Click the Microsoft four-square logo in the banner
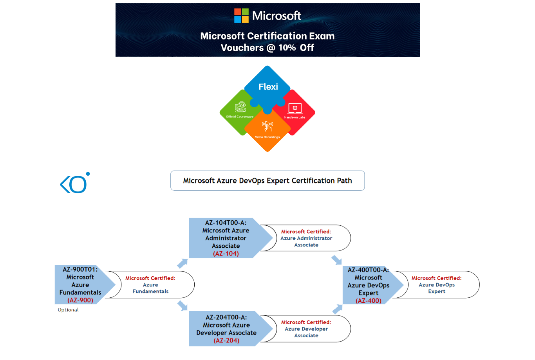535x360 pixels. coord(241,16)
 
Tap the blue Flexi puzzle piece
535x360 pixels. coord(268,86)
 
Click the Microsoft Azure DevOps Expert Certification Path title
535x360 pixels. coord(267,180)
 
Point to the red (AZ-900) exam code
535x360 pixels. coord(80,300)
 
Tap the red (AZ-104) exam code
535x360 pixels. coord(226,254)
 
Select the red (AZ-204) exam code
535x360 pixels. coord(226,340)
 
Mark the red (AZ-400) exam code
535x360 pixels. coord(369,301)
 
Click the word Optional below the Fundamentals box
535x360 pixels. coord(68,310)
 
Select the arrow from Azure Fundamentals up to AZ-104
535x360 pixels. coord(183,263)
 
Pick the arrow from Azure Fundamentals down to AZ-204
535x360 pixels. coord(183,305)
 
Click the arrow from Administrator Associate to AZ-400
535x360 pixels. coord(336,260)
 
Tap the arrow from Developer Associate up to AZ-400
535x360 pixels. coord(337,309)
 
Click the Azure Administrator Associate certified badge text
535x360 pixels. coord(306,238)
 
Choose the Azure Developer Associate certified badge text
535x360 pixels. coord(306,329)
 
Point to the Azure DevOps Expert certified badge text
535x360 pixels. coord(436,285)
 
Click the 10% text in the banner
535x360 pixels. coord(287,48)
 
